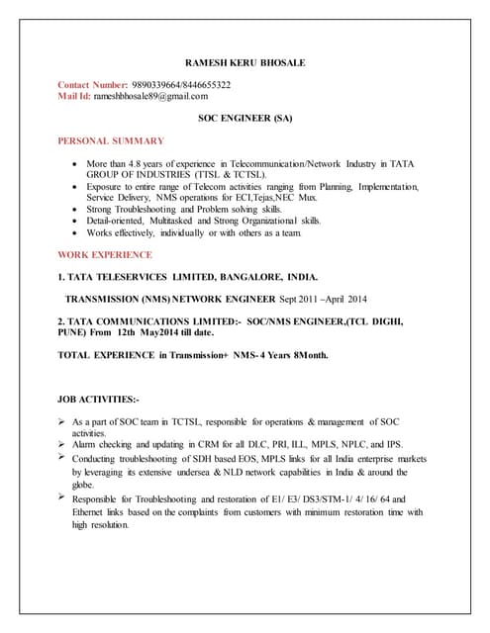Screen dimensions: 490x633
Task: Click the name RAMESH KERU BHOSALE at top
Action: point(245,62)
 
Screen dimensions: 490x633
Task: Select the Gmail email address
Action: point(151,96)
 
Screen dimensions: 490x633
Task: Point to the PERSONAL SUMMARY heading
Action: point(111,141)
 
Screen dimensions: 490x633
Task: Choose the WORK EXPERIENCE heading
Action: point(105,253)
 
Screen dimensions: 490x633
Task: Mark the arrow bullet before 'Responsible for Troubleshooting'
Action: point(63,497)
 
